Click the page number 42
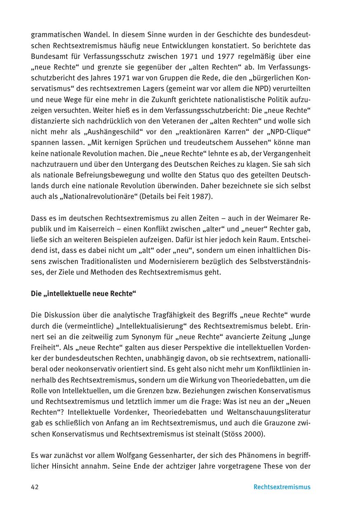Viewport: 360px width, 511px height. click(35, 487)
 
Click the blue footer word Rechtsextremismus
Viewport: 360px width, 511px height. click(282, 487)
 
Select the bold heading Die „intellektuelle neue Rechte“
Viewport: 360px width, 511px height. click(84, 294)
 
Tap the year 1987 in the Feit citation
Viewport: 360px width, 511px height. click(203, 196)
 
